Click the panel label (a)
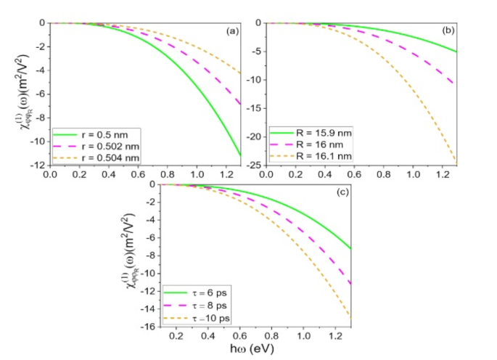235,31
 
